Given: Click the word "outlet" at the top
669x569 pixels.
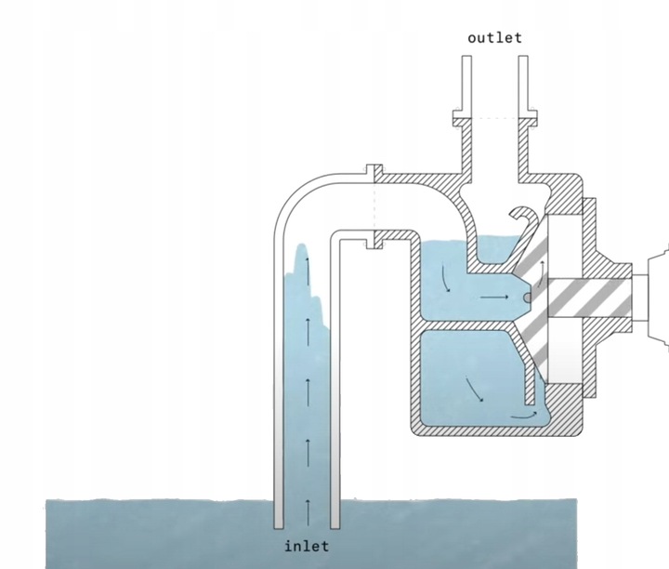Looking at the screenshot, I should [494, 38].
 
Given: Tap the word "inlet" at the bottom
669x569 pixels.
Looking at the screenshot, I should [307, 546].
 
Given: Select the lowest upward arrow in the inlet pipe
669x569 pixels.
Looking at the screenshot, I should [308, 508].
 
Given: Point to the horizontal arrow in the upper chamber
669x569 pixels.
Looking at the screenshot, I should [495, 298].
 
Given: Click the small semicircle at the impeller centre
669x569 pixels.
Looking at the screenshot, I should [527, 298].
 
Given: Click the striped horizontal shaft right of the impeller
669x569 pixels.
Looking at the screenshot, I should [595, 297].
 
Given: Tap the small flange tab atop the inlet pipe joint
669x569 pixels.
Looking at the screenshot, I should [374, 171].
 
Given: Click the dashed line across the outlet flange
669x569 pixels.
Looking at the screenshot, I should [494, 118].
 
